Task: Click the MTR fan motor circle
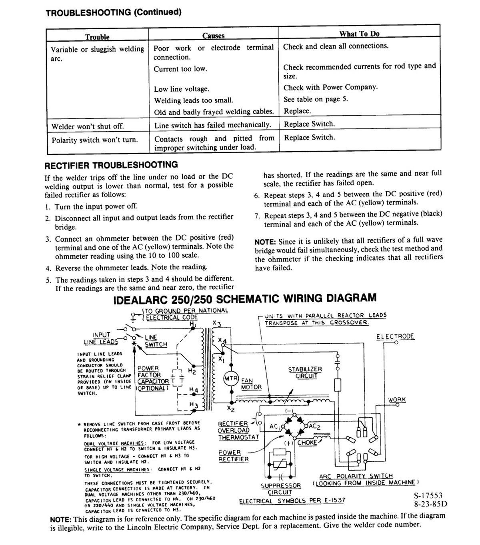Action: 231,379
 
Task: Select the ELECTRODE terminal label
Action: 395,337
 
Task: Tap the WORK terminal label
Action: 396,400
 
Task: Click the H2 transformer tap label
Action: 192,371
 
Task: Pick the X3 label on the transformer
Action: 217,323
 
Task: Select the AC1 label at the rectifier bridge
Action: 275,427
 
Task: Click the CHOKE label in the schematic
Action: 307,443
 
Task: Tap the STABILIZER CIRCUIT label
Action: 305,373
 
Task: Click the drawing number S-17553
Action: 428,495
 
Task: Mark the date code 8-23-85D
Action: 430,504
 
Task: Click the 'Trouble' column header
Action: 97,37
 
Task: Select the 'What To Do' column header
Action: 359,34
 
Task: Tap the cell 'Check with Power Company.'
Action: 330,87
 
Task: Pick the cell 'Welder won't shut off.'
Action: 88,126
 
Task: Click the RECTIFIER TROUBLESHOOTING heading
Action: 111,165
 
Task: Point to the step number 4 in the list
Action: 48,268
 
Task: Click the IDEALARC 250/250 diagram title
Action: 245,299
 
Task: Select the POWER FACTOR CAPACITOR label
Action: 153,378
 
